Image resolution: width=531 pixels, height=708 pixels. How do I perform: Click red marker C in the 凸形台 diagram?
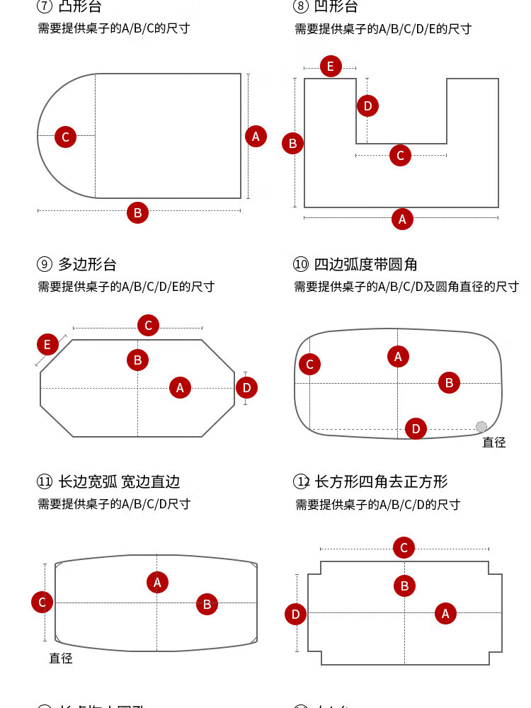[65, 137]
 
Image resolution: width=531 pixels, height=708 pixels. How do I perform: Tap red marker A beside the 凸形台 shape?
[256, 136]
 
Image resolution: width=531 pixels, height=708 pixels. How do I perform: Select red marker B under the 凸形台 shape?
[137, 212]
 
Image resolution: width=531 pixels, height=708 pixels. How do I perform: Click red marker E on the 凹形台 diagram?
[330, 67]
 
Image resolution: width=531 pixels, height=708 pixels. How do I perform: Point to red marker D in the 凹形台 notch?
[367, 106]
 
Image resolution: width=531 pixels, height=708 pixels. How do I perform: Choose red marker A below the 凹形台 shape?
[402, 219]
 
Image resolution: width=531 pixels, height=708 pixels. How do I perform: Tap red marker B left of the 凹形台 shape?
[292, 143]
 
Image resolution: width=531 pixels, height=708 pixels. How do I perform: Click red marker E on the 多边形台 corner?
[47, 345]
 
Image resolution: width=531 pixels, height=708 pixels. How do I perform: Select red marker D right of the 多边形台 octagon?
[246, 387]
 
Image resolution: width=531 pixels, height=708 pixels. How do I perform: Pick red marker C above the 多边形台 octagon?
[148, 326]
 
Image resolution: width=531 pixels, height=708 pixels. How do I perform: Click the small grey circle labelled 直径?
[481, 427]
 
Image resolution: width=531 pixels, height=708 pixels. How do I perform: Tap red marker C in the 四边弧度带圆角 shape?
[309, 365]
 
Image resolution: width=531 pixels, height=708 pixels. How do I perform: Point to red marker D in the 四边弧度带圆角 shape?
[416, 428]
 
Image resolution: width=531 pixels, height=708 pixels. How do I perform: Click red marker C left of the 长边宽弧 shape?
[42, 603]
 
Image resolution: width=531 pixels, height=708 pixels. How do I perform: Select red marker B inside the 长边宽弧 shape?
[207, 604]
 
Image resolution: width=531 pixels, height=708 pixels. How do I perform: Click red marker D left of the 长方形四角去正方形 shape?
[295, 614]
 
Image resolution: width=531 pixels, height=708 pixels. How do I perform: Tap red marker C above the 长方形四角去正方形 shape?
[404, 547]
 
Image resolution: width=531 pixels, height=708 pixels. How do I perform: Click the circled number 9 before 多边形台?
[45, 265]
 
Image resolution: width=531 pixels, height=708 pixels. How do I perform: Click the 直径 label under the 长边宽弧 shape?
[61, 658]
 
